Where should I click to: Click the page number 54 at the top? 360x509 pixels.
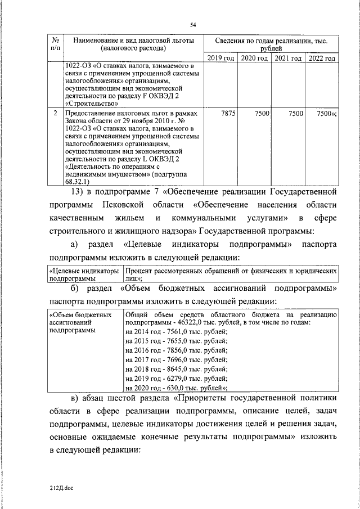[x=193, y=25]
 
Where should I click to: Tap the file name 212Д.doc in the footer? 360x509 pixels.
[x=61, y=488]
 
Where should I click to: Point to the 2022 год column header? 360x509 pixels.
[x=322, y=58]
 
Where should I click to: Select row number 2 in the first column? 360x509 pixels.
[x=55, y=114]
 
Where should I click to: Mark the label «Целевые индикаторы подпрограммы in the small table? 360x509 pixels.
[x=84, y=274]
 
